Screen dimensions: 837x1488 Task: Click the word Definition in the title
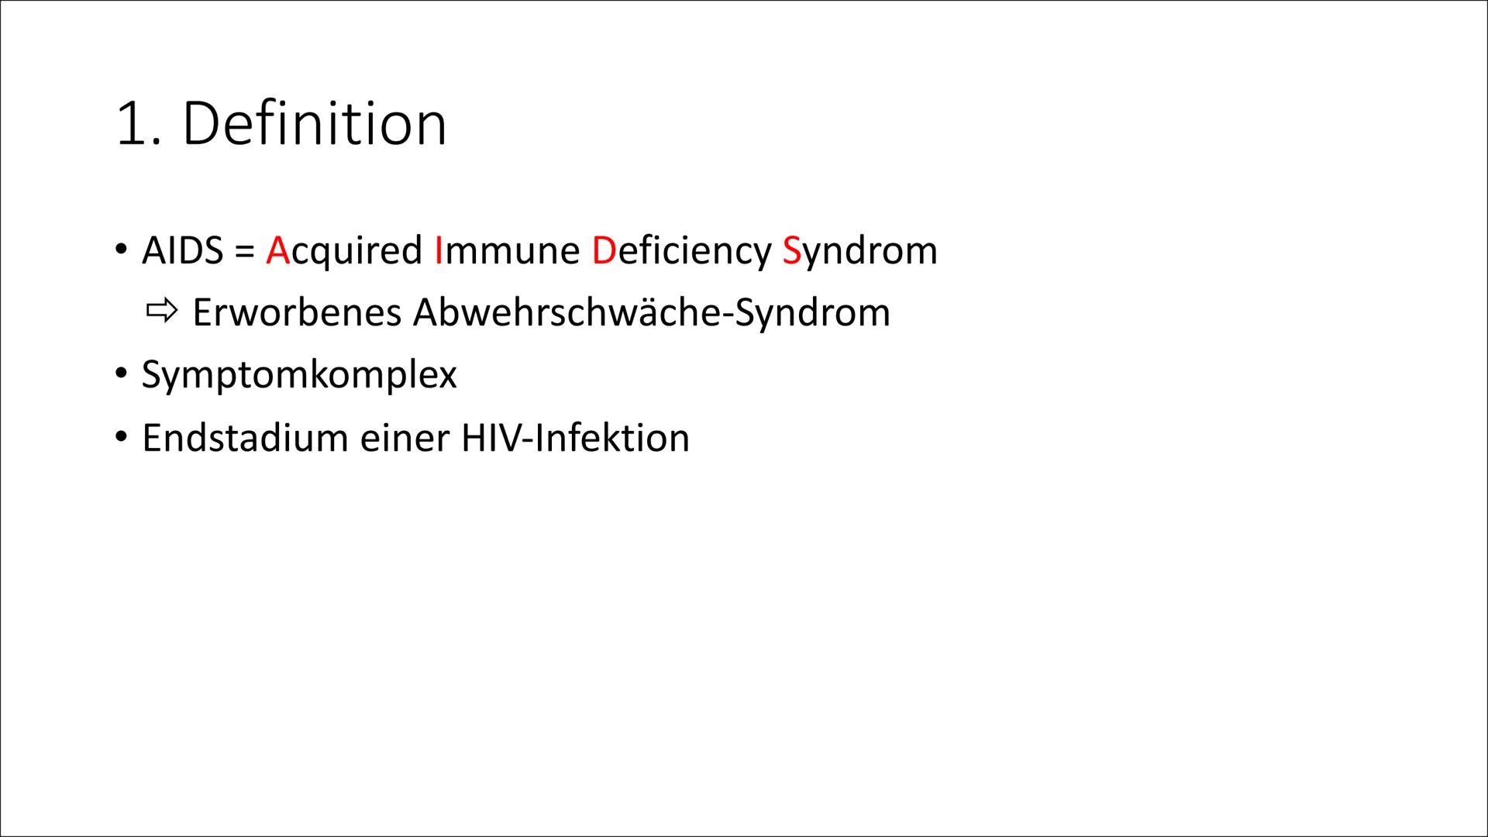(314, 124)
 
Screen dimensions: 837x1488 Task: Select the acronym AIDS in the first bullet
(182, 250)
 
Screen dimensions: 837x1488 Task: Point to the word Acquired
(344, 250)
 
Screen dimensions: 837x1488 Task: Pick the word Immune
(508, 250)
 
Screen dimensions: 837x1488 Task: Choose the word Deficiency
(681, 250)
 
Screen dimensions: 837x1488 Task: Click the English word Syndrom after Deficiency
(859, 250)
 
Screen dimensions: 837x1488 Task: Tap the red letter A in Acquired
(277, 250)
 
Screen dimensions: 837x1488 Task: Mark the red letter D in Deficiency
(604, 250)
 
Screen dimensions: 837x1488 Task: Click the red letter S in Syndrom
(791, 250)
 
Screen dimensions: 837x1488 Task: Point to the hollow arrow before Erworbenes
(160, 312)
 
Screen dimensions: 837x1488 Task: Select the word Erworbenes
(296, 312)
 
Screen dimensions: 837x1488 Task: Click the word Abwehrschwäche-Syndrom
(651, 312)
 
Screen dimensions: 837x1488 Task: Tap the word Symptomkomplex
(299, 375)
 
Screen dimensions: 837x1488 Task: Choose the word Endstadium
(244, 438)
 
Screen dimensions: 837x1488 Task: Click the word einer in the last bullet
(404, 438)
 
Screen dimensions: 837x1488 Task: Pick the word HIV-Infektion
(575, 438)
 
